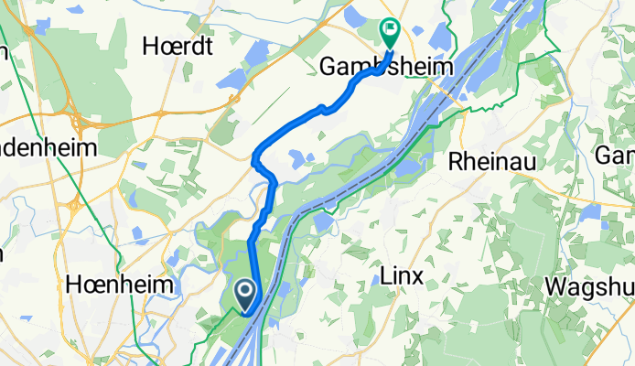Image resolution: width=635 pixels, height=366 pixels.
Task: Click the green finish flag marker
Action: [390, 34]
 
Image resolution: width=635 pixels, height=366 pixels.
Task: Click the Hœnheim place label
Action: [120, 285]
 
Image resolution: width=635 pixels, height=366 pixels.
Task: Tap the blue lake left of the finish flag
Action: [355, 16]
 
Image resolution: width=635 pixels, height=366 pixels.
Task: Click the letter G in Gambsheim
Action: [328, 67]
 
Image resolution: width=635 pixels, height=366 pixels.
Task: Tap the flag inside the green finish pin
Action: [391, 29]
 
